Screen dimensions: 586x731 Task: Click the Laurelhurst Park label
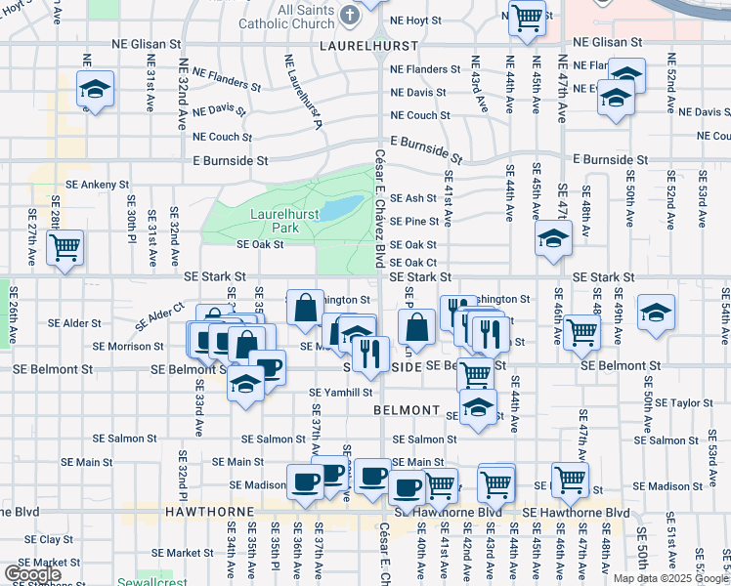click(272, 220)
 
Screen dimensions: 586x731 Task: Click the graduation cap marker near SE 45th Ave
click(553, 238)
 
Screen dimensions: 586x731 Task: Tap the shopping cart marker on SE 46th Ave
click(582, 332)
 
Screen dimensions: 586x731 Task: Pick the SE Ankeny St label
click(96, 184)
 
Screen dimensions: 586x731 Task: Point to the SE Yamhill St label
click(341, 393)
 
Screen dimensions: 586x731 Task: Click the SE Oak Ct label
click(412, 262)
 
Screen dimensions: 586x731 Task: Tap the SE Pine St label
click(413, 222)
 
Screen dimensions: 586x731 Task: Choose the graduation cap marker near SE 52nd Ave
click(655, 312)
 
